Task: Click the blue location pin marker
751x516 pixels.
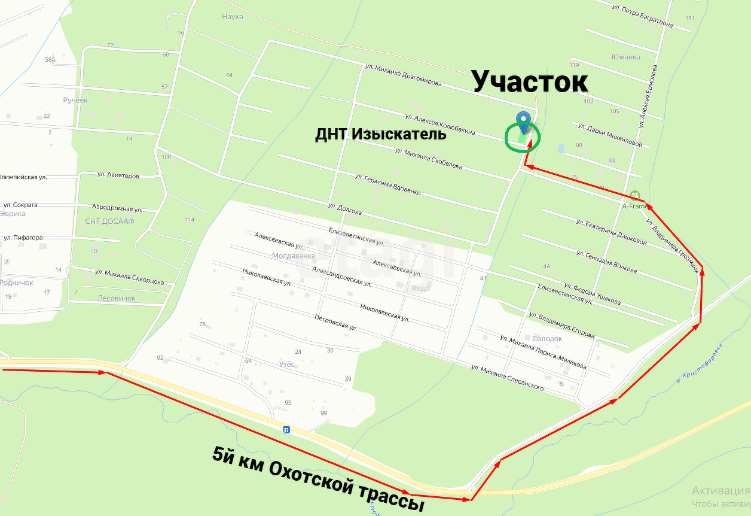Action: (523, 122)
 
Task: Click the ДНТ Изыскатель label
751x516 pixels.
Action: (381, 134)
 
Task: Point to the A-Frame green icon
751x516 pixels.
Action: (635, 195)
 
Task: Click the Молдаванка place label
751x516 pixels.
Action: (293, 256)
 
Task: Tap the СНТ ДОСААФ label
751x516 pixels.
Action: (110, 221)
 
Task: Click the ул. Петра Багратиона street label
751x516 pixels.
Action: (643, 17)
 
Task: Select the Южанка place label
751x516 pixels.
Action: (626, 57)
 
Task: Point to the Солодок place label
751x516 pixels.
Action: (547, 339)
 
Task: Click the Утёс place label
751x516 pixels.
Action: (286, 364)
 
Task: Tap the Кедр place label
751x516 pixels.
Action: (420, 288)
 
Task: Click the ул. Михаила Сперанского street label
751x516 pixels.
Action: (508, 378)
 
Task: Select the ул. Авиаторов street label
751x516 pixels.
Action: (118, 176)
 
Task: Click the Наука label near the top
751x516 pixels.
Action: (232, 17)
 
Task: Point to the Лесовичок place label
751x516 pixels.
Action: (117, 298)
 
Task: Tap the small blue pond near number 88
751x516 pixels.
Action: (560, 148)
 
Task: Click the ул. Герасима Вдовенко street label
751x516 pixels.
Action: (387, 184)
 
